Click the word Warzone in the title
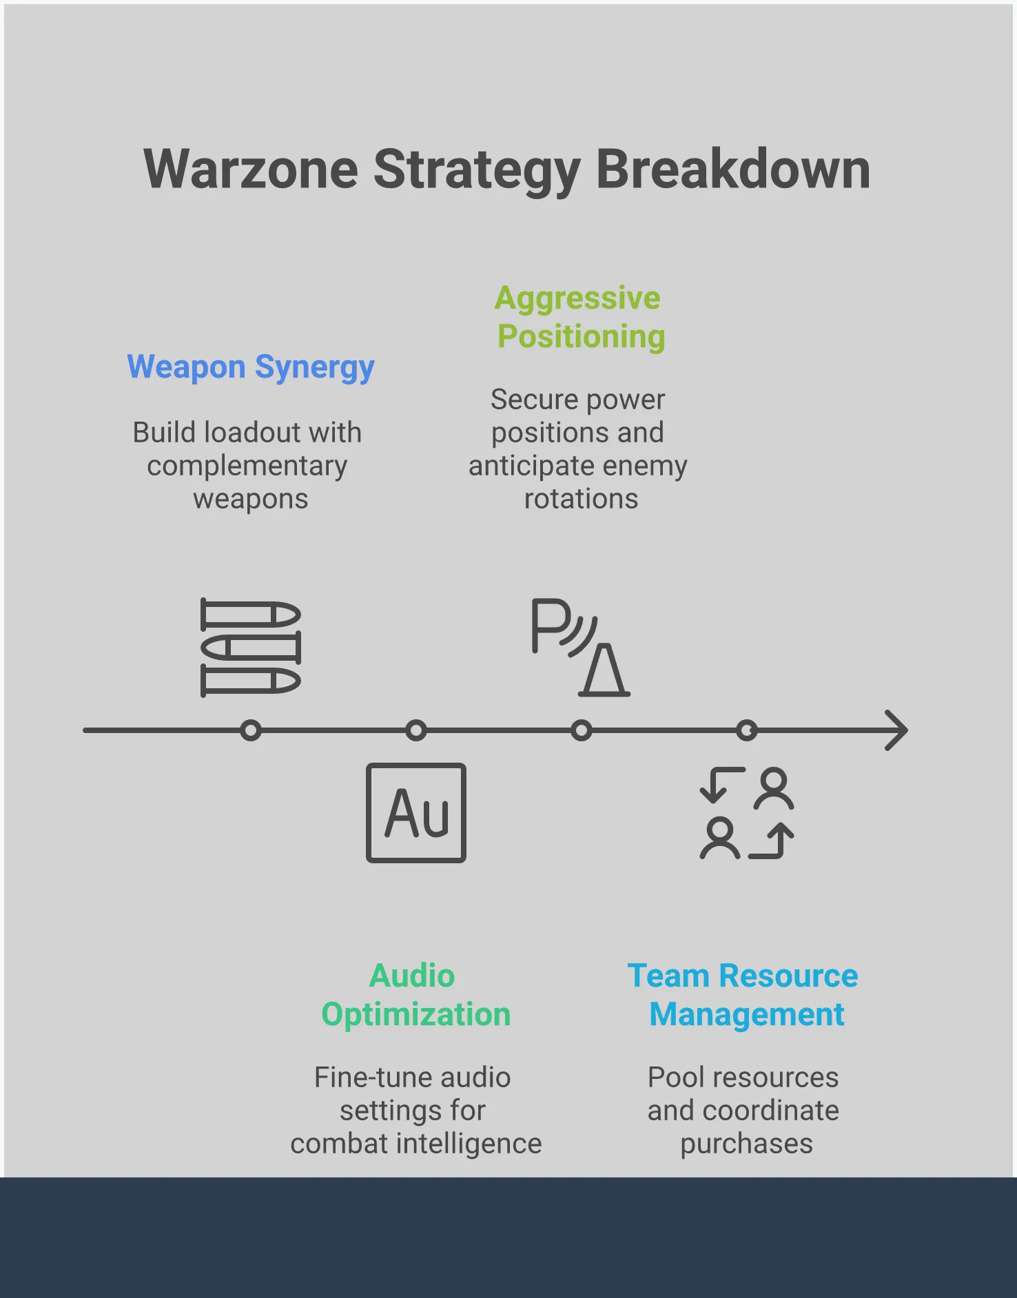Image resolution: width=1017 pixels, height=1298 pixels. [251, 169]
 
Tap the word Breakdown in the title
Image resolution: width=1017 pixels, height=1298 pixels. [733, 169]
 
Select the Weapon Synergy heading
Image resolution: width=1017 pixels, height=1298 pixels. [251, 367]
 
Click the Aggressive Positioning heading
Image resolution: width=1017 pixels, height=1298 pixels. [579, 318]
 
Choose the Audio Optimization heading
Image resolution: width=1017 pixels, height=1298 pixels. [415, 996]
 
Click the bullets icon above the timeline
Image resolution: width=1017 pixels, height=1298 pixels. [251, 648]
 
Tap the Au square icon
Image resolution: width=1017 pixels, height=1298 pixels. [416, 813]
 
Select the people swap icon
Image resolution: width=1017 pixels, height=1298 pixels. [747, 813]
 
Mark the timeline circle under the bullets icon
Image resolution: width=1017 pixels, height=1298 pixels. [251, 730]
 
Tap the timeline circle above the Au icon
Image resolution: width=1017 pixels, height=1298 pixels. [416, 730]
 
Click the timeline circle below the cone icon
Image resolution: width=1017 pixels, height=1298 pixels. [582, 730]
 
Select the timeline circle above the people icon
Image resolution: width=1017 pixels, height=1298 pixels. [747, 730]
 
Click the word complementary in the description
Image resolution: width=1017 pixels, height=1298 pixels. [247, 466]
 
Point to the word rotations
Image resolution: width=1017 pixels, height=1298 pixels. [581, 499]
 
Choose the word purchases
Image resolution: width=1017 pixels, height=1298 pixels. [746, 1144]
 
